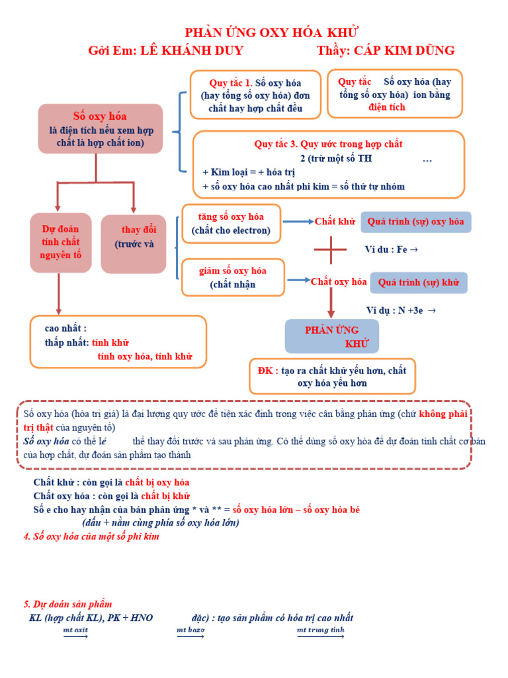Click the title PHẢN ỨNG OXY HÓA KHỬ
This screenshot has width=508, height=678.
click(x=272, y=33)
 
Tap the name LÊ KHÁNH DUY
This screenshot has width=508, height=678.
click(x=192, y=51)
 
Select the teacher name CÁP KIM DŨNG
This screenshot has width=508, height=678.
click(x=404, y=51)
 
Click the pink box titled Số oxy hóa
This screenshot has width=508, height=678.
click(x=101, y=128)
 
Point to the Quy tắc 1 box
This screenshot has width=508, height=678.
click(x=255, y=95)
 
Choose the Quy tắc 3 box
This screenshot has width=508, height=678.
click(x=328, y=165)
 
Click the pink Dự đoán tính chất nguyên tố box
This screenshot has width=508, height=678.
click(x=60, y=242)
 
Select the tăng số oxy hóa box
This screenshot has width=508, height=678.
click(x=231, y=223)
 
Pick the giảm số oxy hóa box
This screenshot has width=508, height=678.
click(x=232, y=277)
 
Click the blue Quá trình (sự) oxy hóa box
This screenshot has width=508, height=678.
click(x=415, y=222)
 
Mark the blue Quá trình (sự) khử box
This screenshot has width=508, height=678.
click(x=418, y=283)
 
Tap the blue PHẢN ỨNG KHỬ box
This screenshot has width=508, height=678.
click(x=331, y=336)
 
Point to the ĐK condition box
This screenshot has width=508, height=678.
click(x=332, y=377)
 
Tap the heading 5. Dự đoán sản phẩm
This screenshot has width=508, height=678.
click(x=67, y=604)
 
